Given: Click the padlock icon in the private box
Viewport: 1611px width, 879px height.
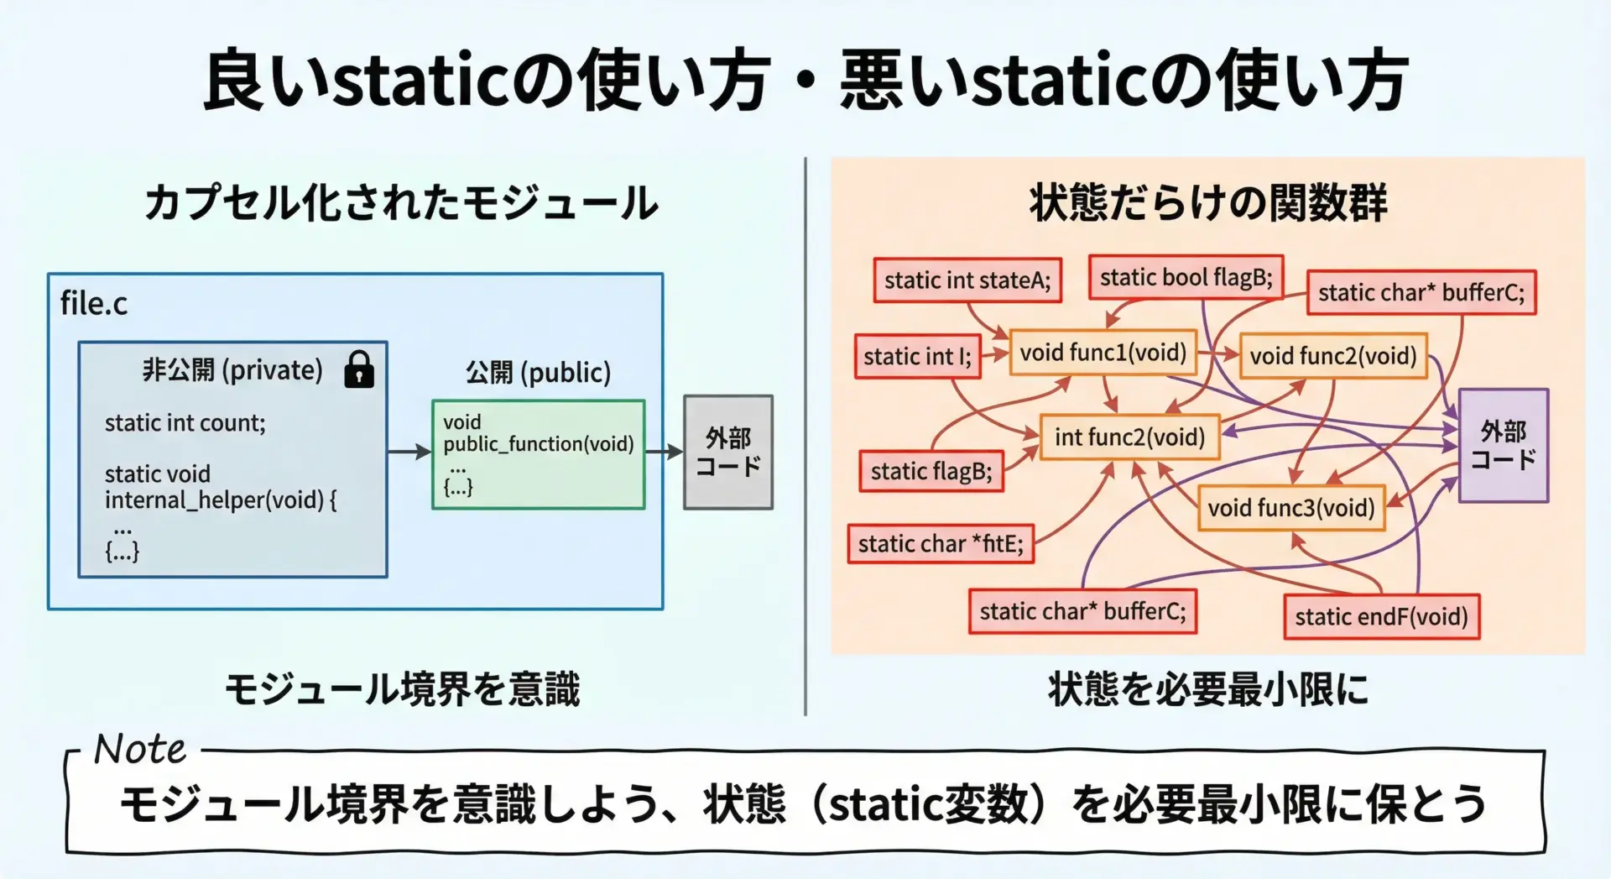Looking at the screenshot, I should coord(359,369).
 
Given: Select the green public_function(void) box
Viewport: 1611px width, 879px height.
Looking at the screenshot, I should coord(538,454).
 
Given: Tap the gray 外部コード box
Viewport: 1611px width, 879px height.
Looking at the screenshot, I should coord(727,452).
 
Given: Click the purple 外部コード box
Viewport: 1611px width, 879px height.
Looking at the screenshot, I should coord(1503,445).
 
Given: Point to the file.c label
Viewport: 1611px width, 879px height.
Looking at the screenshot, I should coord(94,303).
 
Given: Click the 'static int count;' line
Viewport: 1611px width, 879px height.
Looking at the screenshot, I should coord(185,423).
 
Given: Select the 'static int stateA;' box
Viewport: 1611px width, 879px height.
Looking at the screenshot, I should coord(967,280).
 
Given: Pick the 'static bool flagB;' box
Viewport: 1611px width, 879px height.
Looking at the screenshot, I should coord(1186,278).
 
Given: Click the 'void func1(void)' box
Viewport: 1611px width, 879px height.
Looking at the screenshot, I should coord(1103,353).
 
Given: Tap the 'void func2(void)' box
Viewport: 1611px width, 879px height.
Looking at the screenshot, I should coord(1332,356).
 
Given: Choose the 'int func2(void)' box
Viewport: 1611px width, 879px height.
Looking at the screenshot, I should coord(1129,437).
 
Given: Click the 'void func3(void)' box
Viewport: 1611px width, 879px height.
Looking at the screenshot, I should coord(1290,508).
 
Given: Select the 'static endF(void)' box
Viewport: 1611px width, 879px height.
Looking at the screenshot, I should coord(1381,617).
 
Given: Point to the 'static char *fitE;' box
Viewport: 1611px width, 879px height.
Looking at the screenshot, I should coord(941,544).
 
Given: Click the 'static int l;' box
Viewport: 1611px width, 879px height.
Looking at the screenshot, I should coord(917,357).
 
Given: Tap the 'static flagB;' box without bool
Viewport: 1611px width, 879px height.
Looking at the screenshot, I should coord(931,471).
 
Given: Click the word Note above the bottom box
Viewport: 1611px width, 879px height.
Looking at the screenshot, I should coord(140,748).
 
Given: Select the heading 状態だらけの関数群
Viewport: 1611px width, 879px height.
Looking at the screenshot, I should coord(1207,204).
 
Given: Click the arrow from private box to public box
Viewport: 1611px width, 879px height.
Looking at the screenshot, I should coord(409,453).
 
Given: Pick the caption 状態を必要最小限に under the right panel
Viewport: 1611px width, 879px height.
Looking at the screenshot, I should coord(1207,689).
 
